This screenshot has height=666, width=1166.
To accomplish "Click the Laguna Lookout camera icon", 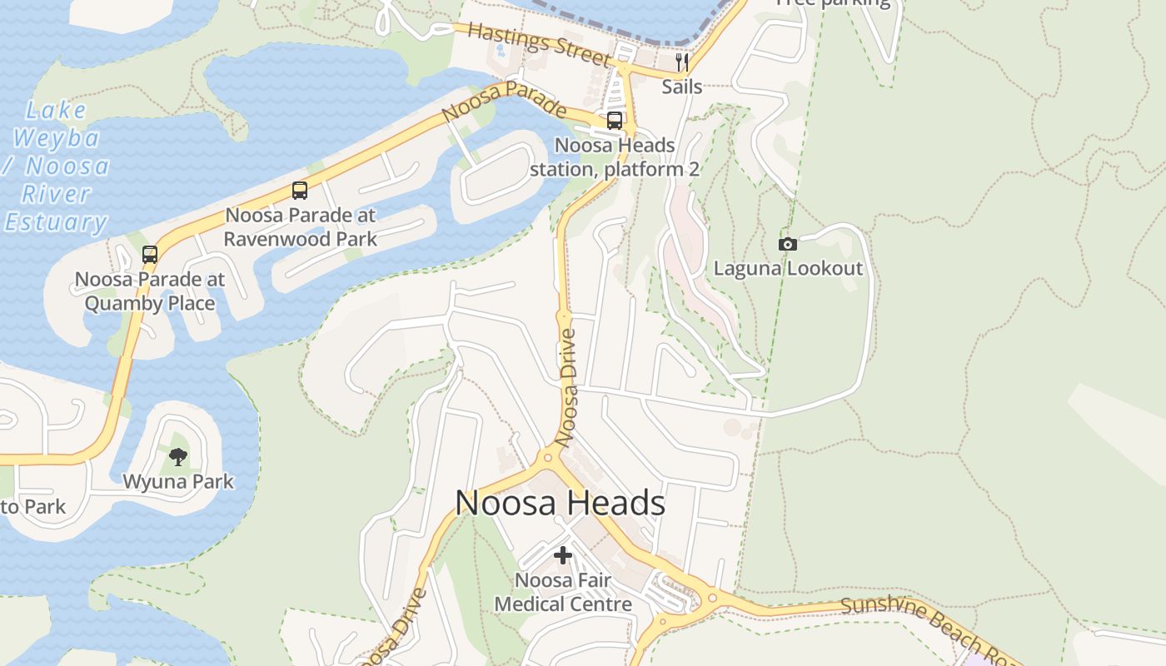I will (787, 244).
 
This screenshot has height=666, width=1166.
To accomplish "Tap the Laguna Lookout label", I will (788, 268).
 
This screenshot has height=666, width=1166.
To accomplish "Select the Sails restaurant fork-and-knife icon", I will (682, 62).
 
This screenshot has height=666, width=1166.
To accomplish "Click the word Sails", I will (682, 87).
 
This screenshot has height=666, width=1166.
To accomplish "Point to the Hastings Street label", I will (539, 43).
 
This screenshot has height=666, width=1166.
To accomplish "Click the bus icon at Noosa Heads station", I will (615, 121).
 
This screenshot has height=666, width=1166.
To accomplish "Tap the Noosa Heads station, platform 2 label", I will (615, 157).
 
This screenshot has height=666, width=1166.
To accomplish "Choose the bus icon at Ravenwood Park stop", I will (300, 191).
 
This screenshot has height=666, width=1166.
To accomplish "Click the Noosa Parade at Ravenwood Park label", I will (300, 226).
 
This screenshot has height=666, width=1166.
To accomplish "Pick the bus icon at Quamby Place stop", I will (150, 255).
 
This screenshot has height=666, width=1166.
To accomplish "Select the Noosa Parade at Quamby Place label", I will (150, 291).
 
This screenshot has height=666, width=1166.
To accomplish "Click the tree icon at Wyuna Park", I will (178, 456).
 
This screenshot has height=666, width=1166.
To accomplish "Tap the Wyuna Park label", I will (178, 481).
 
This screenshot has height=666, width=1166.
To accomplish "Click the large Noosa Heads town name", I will (560, 503).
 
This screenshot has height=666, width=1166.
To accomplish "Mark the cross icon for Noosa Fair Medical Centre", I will (563, 554).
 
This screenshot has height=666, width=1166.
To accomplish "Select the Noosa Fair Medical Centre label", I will (563, 591).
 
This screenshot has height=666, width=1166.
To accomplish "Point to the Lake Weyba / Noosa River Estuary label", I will (57, 166).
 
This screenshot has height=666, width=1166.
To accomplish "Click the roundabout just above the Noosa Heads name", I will (547, 456).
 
